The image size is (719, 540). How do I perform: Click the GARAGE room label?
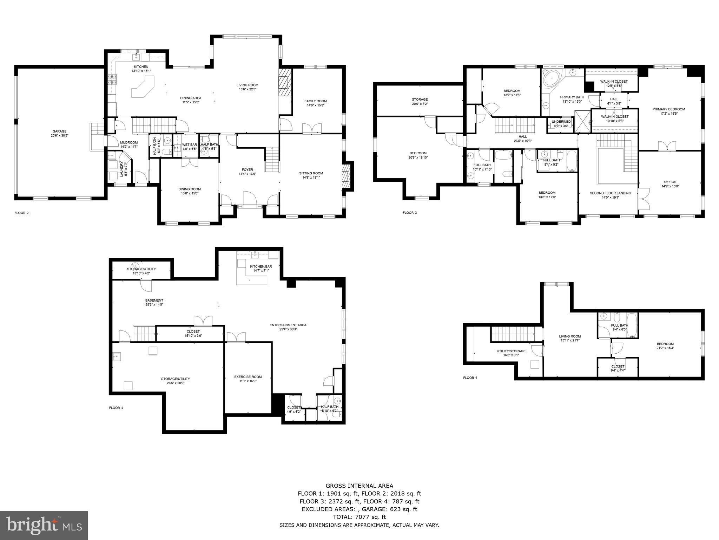tap(59, 131)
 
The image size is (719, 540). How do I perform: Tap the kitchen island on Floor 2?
tap(143, 88)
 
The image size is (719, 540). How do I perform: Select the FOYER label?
tap(247, 169)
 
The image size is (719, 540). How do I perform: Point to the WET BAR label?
tap(189, 144)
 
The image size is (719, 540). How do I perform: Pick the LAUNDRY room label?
tap(122, 169)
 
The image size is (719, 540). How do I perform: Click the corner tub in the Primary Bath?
tap(550, 78)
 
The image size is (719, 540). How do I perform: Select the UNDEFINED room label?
tap(561, 122)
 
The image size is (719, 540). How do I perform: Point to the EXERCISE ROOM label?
tap(248, 377)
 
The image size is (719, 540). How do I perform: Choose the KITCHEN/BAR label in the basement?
tap(260, 266)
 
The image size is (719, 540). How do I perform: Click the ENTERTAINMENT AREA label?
tap(288, 325)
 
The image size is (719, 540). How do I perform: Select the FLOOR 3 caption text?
tap(410, 213)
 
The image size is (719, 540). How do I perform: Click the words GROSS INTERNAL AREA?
tap(359, 486)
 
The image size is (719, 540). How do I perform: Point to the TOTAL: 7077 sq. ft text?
tap(359, 517)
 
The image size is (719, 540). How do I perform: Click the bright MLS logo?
tap(44, 526)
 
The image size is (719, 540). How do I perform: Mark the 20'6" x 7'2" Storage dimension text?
tap(420, 104)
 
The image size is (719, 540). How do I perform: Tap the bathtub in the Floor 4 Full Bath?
tap(632, 326)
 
